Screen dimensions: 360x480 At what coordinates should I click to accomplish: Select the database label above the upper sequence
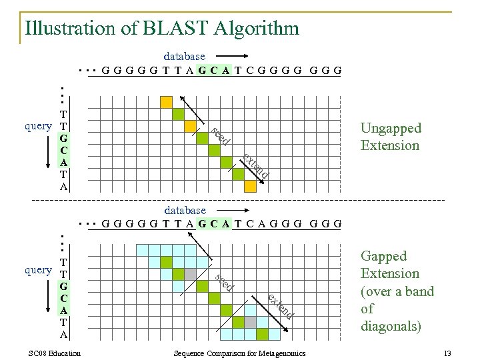(x=184, y=57)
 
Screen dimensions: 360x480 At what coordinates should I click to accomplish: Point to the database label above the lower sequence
(x=184, y=211)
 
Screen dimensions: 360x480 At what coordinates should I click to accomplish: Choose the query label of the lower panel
(x=38, y=270)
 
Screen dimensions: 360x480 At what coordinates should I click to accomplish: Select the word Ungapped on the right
(x=391, y=128)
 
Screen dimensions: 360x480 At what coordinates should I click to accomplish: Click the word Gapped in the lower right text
(x=383, y=257)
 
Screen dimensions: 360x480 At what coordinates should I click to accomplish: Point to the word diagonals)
(x=390, y=327)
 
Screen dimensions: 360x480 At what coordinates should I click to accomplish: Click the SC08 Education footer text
(x=55, y=353)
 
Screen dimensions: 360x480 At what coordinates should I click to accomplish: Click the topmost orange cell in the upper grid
(x=165, y=101)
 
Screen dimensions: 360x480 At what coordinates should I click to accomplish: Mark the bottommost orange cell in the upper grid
(x=250, y=186)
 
